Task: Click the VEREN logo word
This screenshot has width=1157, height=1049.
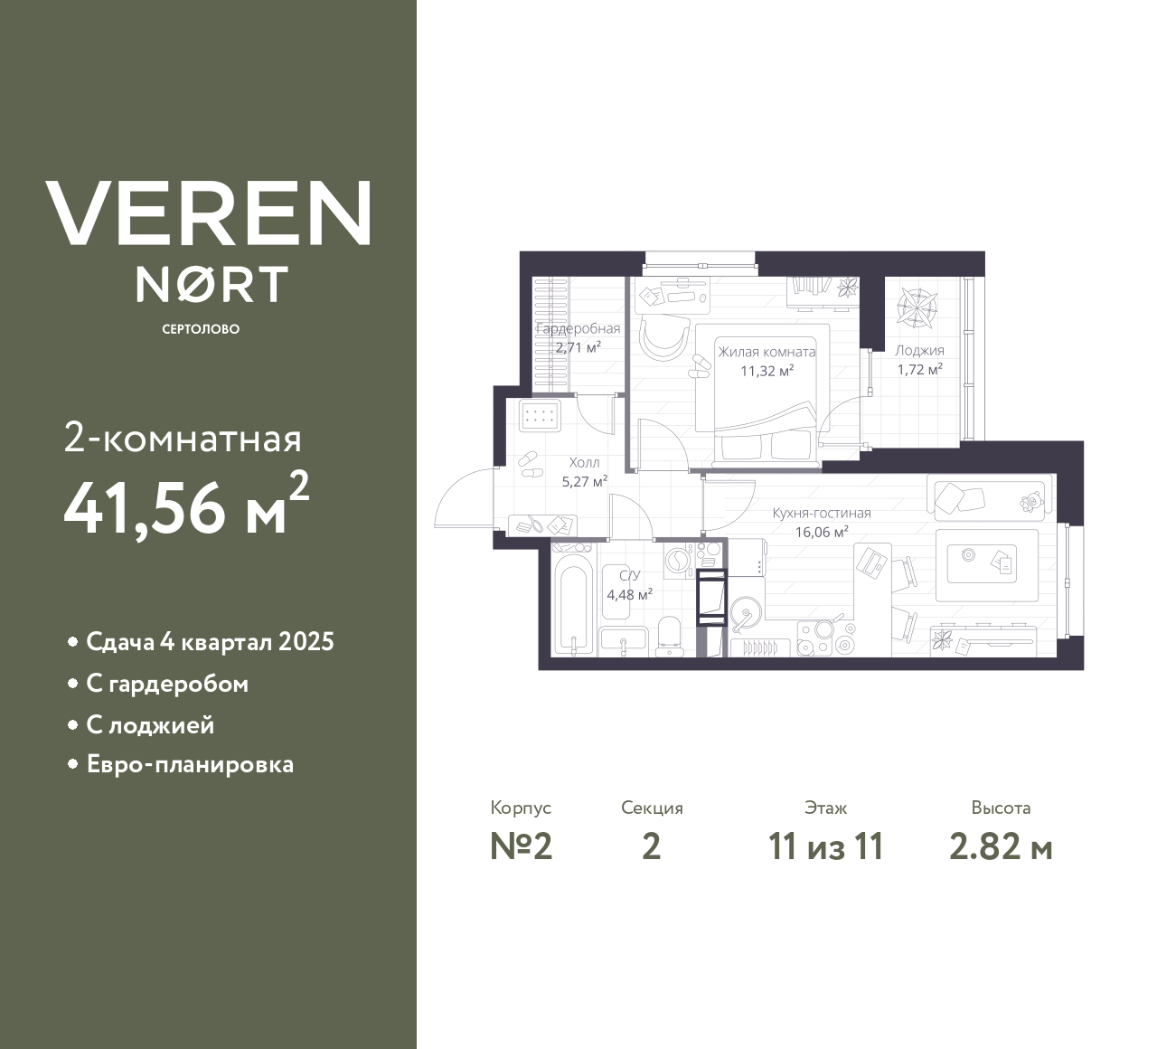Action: pyautogui.click(x=208, y=213)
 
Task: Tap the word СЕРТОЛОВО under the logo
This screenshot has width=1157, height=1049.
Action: pyautogui.click(x=201, y=329)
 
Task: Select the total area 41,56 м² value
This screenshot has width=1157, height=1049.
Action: pyautogui.click(x=186, y=506)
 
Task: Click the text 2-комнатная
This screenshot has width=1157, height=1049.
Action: pyautogui.click(x=183, y=439)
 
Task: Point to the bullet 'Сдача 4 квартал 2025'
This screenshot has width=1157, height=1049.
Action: pyautogui.click(x=210, y=642)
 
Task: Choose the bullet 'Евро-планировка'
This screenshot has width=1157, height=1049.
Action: pyautogui.click(x=190, y=765)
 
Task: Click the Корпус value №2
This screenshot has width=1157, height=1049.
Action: pyautogui.click(x=521, y=846)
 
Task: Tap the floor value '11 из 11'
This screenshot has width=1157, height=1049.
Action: pyautogui.click(x=825, y=846)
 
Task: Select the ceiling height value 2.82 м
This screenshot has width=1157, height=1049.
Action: pyautogui.click(x=1001, y=846)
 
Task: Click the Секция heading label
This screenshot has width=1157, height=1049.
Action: pyautogui.click(x=652, y=808)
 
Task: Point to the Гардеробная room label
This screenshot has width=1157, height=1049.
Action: pyautogui.click(x=578, y=329)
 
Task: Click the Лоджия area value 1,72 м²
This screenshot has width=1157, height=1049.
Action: pyautogui.click(x=919, y=369)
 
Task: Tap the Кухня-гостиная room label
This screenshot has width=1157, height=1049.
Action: pyautogui.click(x=821, y=514)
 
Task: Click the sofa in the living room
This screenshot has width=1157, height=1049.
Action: pyautogui.click(x=990, y=498)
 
